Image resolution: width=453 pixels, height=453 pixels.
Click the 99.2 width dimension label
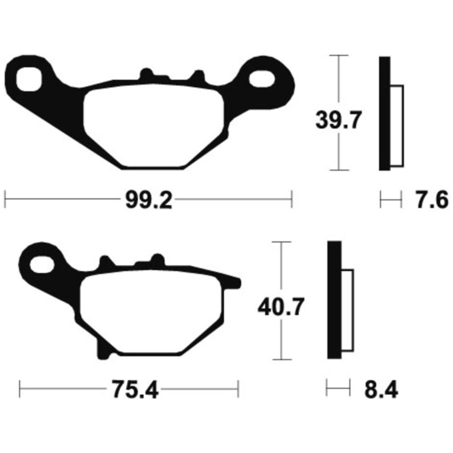149,200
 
